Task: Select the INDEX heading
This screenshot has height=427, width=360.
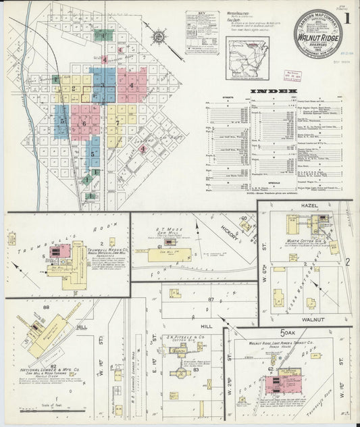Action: pyautogui.click(x=274, y=91)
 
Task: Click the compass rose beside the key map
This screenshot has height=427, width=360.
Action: pyautogui.click(x=158, y=34)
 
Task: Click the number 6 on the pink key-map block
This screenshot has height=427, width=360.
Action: pyautogui.click(x=84, y=123)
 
